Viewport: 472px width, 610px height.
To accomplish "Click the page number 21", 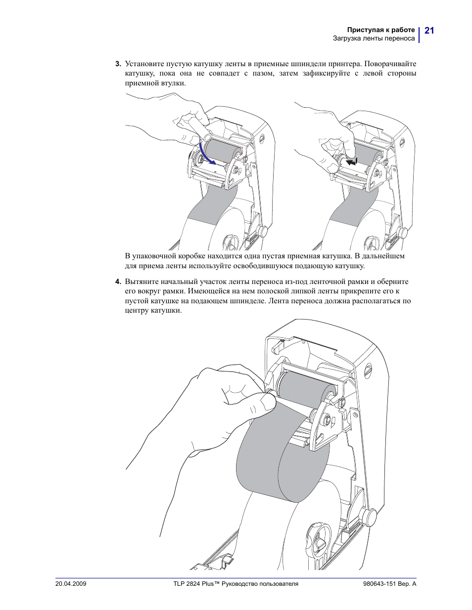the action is coord(429,30).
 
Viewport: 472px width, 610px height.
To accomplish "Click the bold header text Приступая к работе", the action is coord(381,30).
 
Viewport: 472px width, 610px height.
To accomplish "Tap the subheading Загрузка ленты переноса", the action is coord(374,38).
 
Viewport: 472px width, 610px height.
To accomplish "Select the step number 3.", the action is coord(118,64).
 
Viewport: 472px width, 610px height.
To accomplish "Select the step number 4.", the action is coord(118,282).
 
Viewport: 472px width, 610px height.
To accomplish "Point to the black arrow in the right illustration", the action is coord(351,162).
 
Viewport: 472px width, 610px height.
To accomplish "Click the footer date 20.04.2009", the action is coord(71,584).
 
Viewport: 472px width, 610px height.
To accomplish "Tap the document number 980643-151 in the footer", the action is coord(379,584).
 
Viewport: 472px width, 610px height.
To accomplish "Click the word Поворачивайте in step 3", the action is coord(390,64).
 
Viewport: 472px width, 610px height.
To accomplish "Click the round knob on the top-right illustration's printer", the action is coord(403,233).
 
